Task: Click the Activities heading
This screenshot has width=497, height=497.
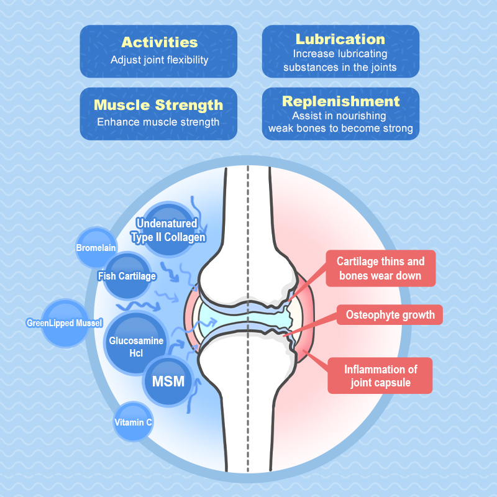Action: (159, 42)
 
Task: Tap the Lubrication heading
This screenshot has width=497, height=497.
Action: (340, 39)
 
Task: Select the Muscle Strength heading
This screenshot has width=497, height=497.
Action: (158, 104)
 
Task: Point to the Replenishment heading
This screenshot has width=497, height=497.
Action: (340, 101)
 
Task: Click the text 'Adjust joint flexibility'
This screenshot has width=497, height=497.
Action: (159, 60)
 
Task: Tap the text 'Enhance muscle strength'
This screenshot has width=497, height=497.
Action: (158, 122)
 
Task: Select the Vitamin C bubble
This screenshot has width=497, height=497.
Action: (133, 422)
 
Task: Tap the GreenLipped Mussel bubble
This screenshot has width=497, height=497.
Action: (64, 323)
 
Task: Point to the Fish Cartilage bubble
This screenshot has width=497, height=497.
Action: (127, 276)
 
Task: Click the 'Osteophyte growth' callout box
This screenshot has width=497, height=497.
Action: (390, 315)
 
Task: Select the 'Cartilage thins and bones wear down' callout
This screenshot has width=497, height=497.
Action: (380, 268)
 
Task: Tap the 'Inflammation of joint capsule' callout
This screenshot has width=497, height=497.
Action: (380, 376)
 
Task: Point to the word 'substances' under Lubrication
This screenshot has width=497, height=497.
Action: (311, 67)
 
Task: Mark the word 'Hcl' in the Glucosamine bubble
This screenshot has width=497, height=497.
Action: (136, 353)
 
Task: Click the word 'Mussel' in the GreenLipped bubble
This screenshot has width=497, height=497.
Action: (89, 323)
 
